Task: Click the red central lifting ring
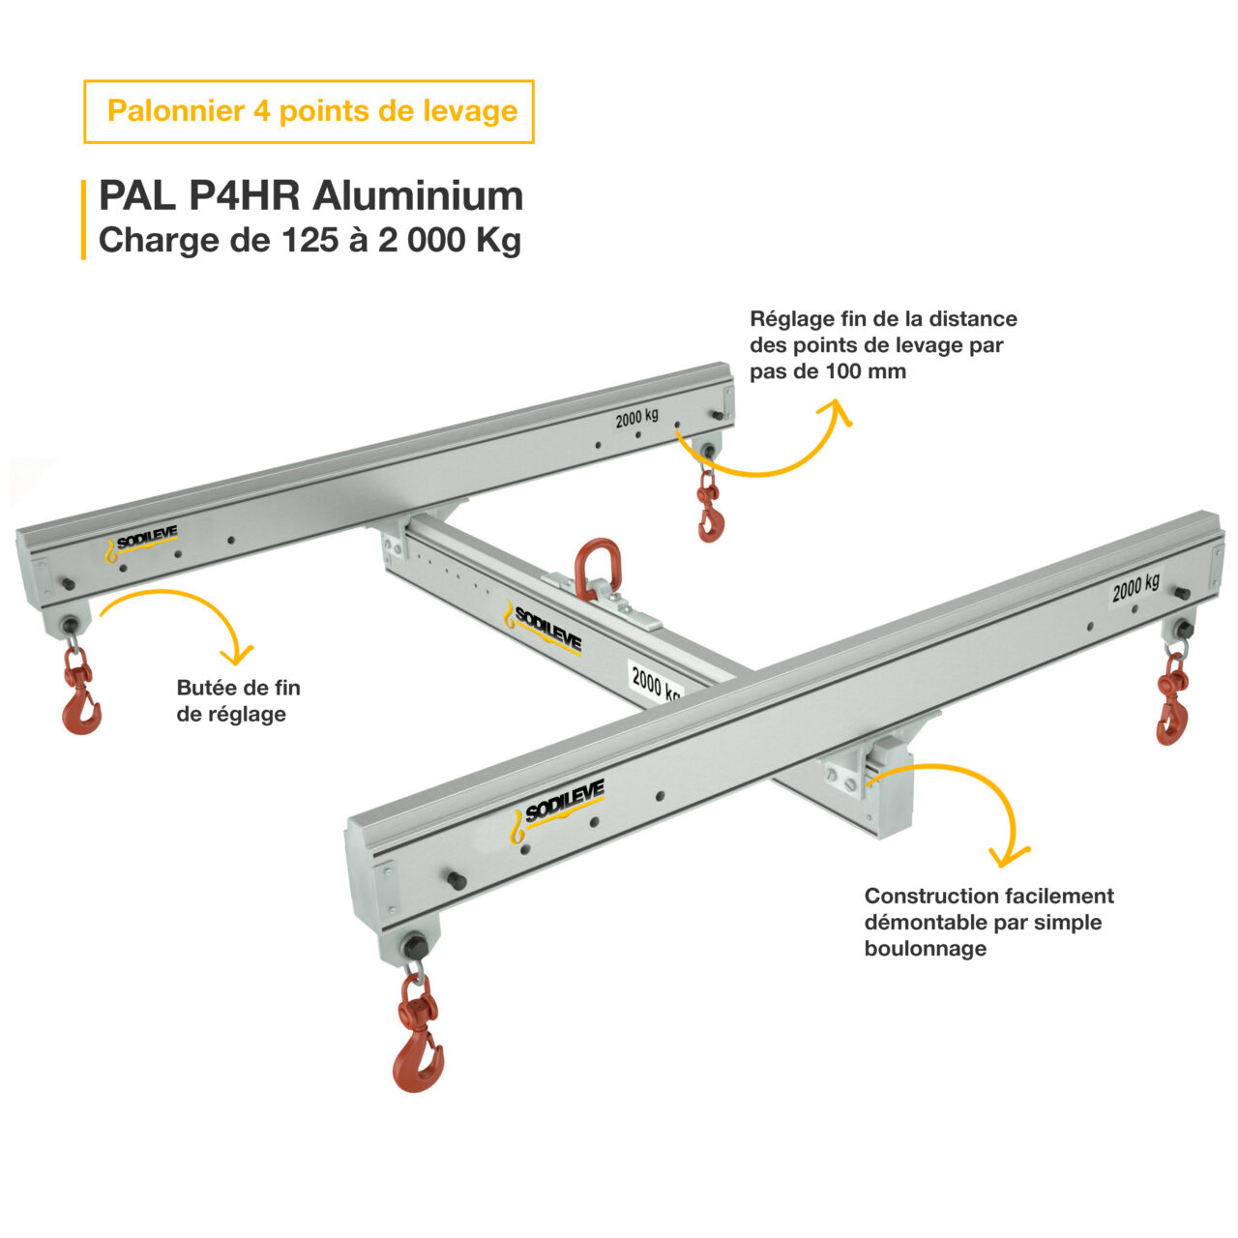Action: tap(597, 570)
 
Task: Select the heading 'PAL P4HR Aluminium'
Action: tap(310, 196)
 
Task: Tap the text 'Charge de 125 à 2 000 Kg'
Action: tap(309, 240)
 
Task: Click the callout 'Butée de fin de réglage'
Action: tap(238, 701)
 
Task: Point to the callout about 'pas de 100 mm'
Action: tap(883, 345)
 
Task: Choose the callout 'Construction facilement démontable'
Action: tap(988, 922)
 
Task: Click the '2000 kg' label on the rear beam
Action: tap(637, 418)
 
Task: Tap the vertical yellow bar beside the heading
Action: tap(84, 219)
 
